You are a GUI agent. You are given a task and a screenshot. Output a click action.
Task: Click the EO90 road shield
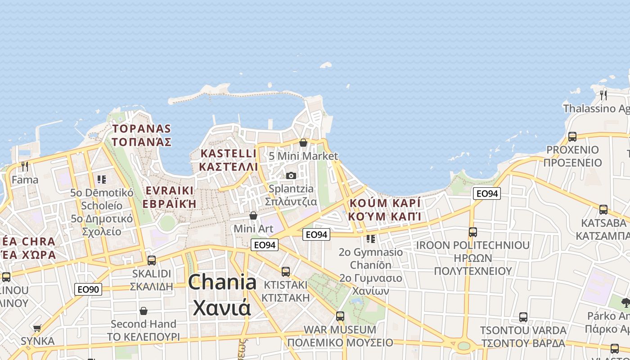[88, 289]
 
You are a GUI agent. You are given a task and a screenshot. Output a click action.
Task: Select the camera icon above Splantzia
[291, 175]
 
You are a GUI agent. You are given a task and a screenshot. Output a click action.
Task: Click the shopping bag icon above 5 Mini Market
[303, 143]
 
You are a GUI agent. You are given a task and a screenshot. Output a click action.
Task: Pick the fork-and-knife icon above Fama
[25, 166]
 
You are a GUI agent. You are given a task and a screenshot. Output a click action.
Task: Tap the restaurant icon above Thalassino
[603, 95]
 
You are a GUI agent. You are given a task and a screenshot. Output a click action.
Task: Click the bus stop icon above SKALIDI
[152, 260]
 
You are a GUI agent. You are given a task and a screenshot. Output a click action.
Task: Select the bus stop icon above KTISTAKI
[286, 271]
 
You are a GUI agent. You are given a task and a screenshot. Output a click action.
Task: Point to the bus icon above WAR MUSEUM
[340, 316]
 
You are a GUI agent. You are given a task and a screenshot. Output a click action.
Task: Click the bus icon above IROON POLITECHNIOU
[473, 232]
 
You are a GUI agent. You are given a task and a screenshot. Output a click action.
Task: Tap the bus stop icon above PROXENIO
[572, 136]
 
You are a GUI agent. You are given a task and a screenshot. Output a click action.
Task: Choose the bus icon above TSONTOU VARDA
[523, 317]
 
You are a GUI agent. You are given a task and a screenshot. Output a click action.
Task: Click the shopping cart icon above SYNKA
[37, 328]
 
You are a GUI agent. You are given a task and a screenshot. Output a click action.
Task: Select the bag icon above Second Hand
[144, 310]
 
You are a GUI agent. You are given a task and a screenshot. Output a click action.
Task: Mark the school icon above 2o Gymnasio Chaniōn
[371, 238]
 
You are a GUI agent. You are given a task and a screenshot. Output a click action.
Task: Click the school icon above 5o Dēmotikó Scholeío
[102, 180]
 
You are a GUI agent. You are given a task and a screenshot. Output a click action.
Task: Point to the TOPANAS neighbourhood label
[142, 135]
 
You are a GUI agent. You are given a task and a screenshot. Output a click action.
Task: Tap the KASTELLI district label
[229, 160]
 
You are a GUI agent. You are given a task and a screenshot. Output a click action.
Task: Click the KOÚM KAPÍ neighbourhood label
[385, 209]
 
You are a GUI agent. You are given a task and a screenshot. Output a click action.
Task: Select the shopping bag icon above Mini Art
[253, 216]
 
